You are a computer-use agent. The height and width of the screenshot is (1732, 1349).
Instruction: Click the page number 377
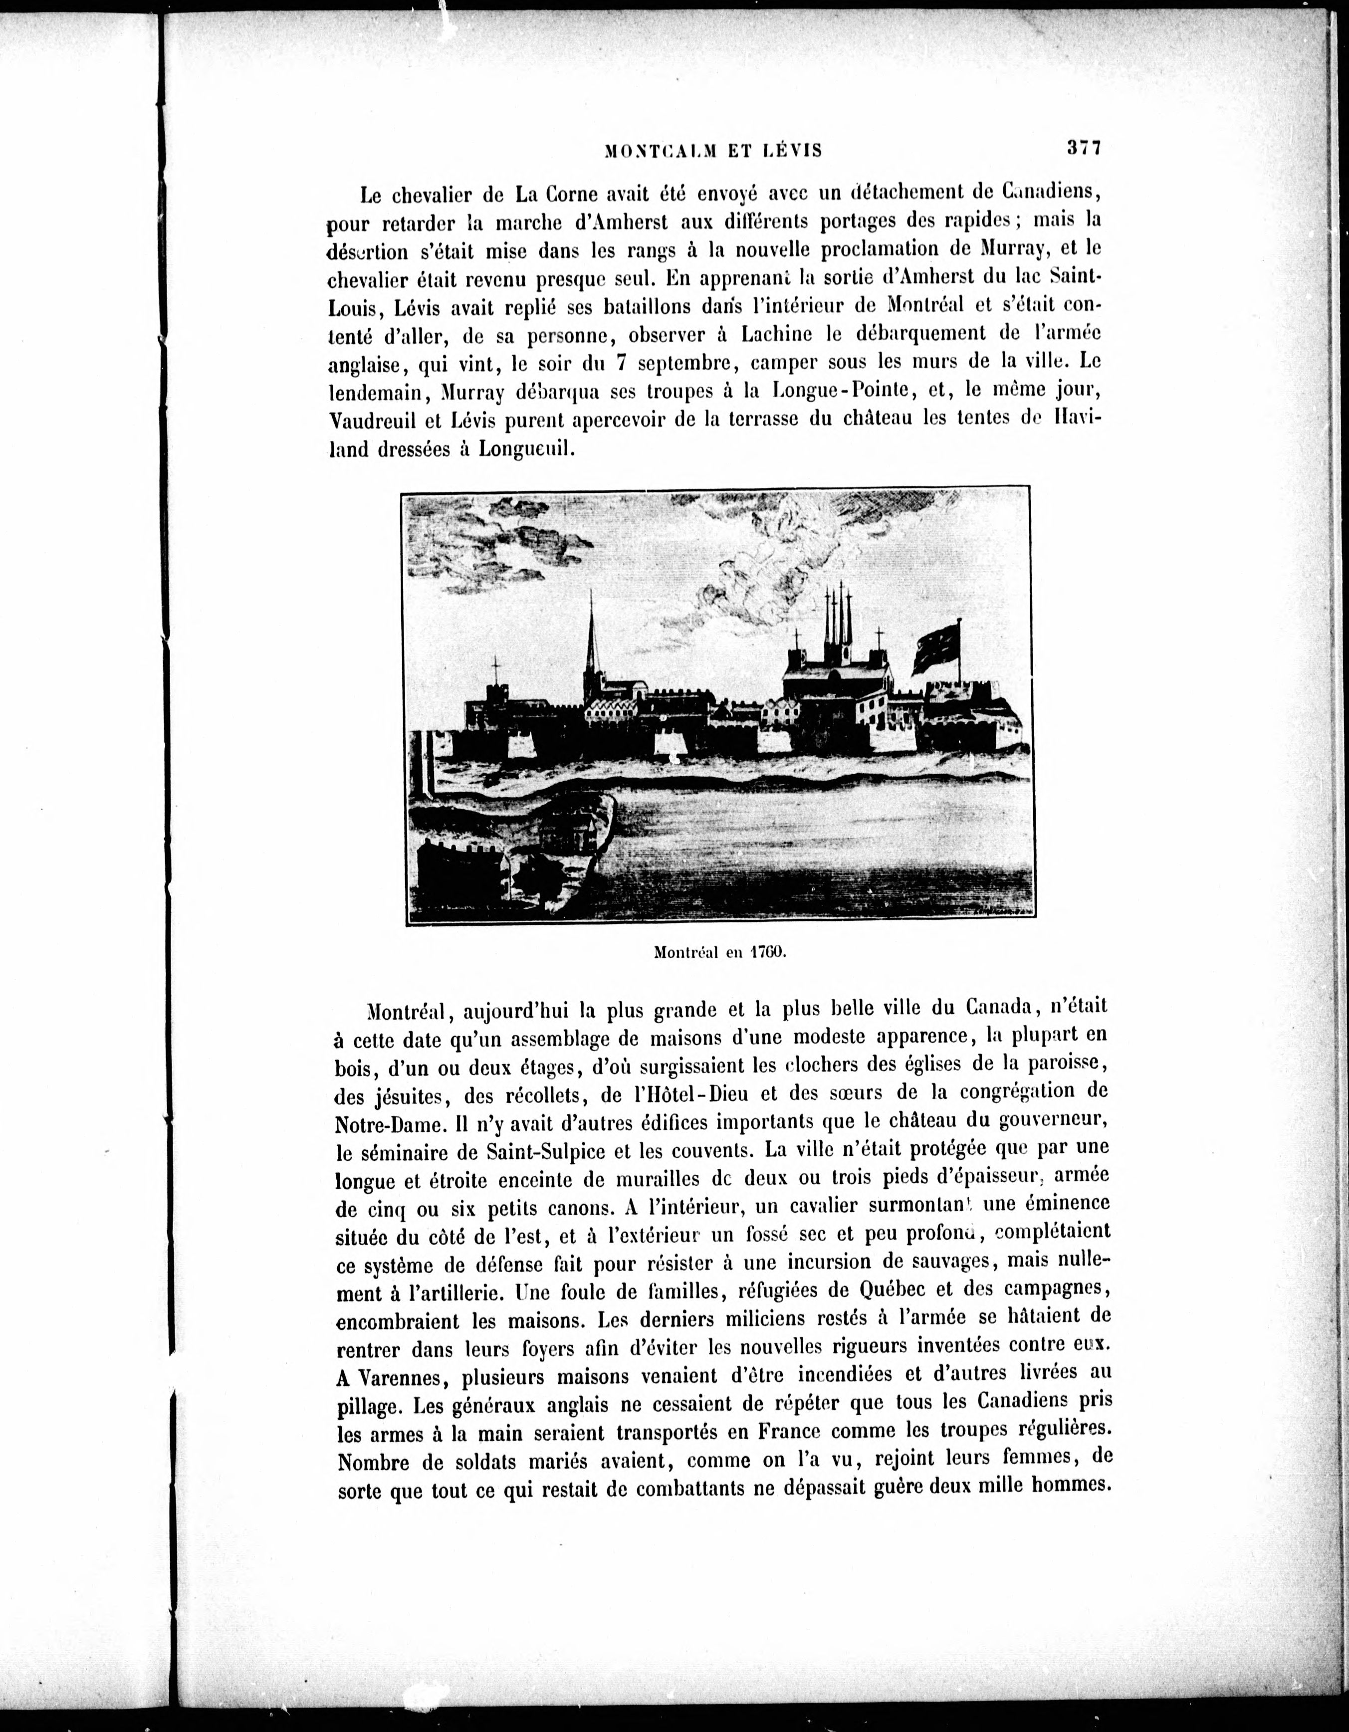(1084, 148)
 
